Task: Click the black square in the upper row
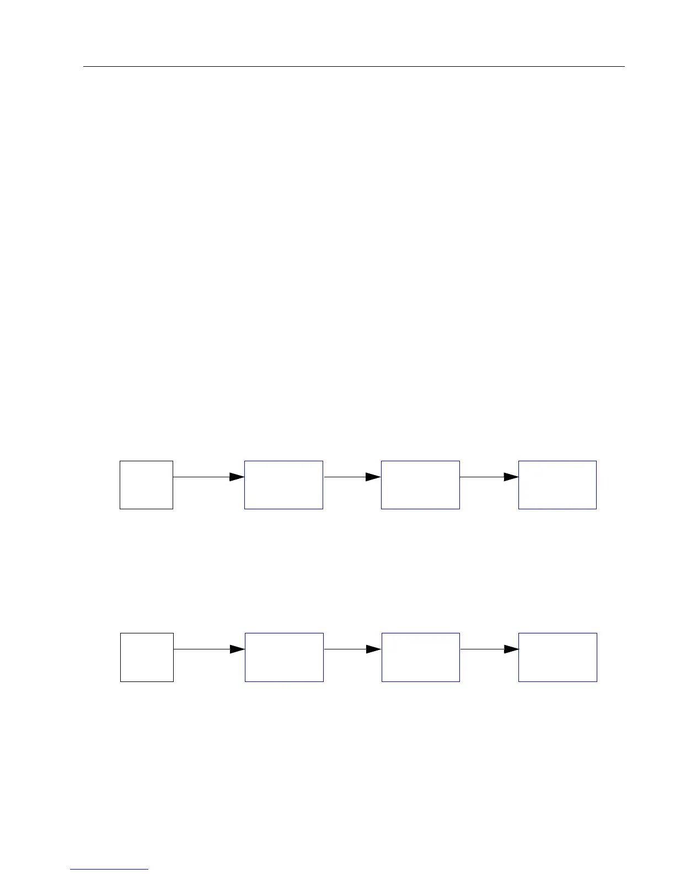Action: [146, 484]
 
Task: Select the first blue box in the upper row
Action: [283, 484]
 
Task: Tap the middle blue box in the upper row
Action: [420, 484]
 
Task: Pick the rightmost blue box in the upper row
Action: [557, 484]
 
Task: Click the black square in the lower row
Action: [147, 657]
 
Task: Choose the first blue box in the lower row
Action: [284, 657]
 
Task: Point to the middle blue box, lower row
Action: [420, 657]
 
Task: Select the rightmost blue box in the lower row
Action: [558, 657]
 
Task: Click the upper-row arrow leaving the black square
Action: [201, 477]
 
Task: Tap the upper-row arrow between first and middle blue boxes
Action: [345, 477]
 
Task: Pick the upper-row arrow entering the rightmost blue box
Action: [482, 477]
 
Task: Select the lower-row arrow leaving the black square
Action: [202, 649]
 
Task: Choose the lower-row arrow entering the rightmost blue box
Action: [483, 649]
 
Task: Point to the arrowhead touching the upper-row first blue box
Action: [237, 477]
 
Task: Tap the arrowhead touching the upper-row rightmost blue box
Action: [511, 477]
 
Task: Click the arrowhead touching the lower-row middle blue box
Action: [374, 649]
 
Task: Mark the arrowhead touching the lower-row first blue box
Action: [238, 649]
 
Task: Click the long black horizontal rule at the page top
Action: [353, 67]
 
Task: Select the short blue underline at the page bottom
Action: [109, 869]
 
